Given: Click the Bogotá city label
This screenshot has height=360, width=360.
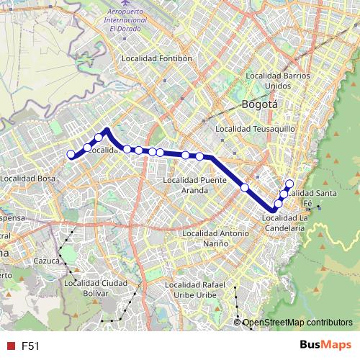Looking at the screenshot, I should click(x=260, y=103).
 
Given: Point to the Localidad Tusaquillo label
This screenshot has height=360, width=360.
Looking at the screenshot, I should click(x=256, y=129).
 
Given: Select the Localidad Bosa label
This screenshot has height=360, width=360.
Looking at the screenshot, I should click(x=28, y=178).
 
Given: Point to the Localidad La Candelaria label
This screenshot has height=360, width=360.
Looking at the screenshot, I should click(x=284, y=222).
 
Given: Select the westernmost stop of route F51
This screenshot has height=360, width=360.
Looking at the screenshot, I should click(x=71, y=154).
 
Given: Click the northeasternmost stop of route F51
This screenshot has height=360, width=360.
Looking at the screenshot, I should click(x=290, y=183).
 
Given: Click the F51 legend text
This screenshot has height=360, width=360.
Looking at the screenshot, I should click(x=30, y=346).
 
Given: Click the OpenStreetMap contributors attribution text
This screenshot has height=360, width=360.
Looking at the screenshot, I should click(x=297, y=323).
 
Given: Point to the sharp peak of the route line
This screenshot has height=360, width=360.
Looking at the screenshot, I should click(x=107, y=130).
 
